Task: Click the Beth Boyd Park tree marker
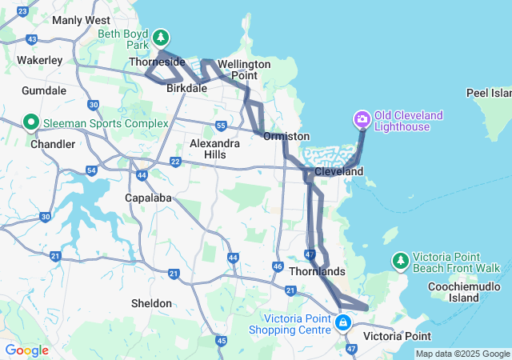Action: click(162, 38)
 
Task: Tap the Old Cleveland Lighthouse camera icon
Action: click(362, 121)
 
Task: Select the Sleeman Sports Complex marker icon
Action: click(32, 123)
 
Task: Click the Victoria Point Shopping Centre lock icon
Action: click(343, 323)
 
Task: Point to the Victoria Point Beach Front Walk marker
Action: click(400, 261)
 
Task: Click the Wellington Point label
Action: click(244, 70)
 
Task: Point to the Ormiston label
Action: click(286, 136)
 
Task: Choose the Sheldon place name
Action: click(151, 303)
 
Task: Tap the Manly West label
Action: click(81, 20)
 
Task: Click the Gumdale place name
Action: click(45, 90)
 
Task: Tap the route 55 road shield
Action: click(220, 126)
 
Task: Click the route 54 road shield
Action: click(91, 170)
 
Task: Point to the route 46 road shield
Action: click(278, 266)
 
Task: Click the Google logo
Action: click(26, 350)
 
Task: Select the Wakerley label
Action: click(40, 60)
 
